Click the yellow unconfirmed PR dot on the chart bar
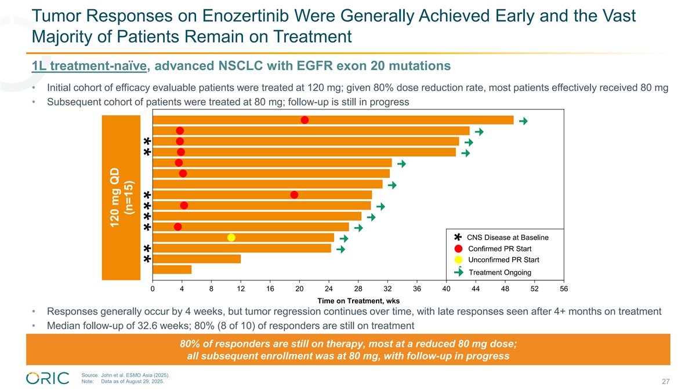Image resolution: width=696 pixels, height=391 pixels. pyautogui.click(x=231, y=237)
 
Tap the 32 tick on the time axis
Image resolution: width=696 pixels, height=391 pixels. pyautogui.click(x=387, y=290)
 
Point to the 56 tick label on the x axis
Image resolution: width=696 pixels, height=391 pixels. pyautogui.click(x=564, y=290)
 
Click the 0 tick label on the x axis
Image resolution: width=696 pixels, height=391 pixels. pyautogui.click(x=153, y=290)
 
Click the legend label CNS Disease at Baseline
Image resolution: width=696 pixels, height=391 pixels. pyautogui.click(x=507, y=237)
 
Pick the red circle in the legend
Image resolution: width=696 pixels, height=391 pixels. pyautogui.click(x=458, y=249)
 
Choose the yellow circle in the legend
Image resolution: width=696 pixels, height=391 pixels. pyautogui.click(x=458, y=260)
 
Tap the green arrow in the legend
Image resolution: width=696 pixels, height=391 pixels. pyautogui.click(x=458, y=272)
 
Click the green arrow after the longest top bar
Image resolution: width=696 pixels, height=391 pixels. pyautogui.click(x=524, y=120)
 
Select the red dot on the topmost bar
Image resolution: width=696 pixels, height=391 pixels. pyautogui.click(x=304, y=120)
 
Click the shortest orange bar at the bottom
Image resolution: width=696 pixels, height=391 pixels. pyautogui.click(x=172, y=269)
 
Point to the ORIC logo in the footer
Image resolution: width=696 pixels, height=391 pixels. pyautogui.click(x=48, y=378)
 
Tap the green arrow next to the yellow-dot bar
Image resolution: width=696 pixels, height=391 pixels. pyautogui.click(x=344, y=239)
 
